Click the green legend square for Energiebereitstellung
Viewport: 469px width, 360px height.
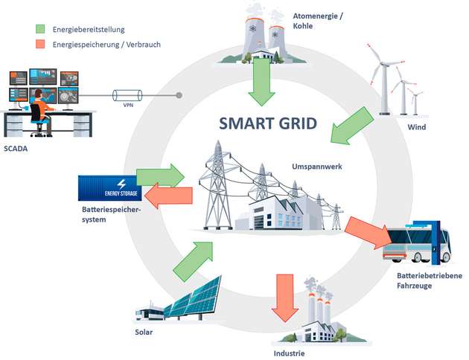[42, 29]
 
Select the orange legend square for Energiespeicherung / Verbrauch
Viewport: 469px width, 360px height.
[42, 44]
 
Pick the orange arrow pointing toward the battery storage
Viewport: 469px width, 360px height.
[170, 196]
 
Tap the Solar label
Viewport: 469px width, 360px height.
[144, 332]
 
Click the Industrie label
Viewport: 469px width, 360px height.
[289, 353]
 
